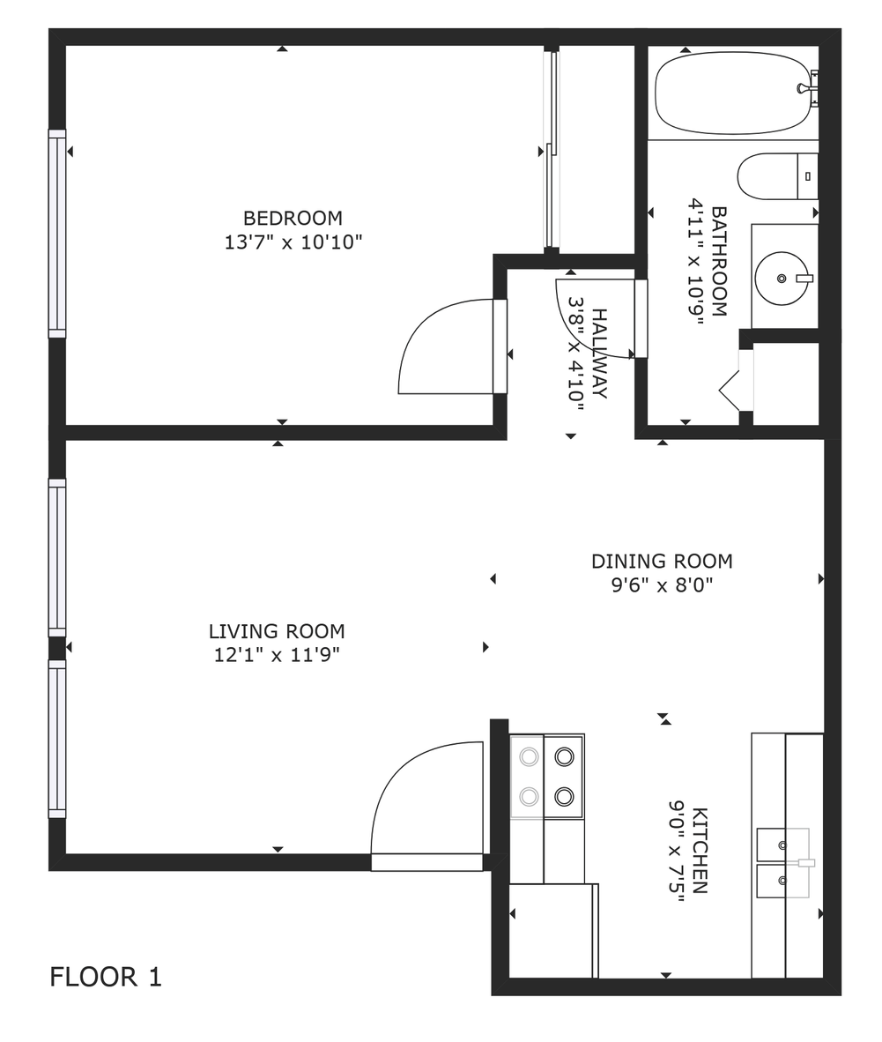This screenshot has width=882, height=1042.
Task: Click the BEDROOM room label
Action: (293, 218)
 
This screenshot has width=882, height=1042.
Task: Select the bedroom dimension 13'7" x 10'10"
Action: (293, 242)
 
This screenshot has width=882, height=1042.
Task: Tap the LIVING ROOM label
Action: (277, 631)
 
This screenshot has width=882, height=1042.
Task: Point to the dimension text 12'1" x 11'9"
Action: (277, 655)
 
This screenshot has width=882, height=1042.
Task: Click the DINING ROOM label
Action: (662, 562)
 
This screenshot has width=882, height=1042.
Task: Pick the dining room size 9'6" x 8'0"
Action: (662, 584)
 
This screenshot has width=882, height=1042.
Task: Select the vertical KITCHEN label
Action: (700, 851)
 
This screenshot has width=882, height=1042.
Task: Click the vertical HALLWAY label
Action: (599, 353)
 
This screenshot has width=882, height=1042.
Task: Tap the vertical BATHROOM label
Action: (719, 261)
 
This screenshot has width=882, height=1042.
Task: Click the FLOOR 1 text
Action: (106, 977)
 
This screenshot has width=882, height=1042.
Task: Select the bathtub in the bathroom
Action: (730, 93)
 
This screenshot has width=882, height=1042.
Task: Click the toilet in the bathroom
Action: (775, 176)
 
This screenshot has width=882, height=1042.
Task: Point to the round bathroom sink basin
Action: (780, 278)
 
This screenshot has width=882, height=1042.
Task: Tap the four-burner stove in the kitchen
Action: (546, 777)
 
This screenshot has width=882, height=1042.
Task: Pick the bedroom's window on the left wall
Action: (57, 234)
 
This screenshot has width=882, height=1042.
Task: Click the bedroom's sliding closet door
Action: (552, 150)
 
